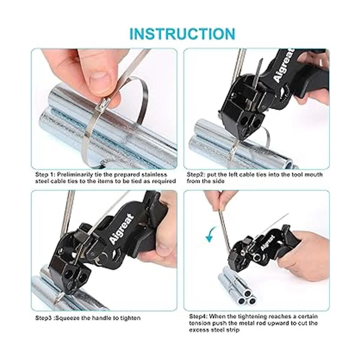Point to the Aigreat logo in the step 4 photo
click(268, 242)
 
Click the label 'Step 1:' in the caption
click(45, 175)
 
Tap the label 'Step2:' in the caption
click(196, 175)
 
